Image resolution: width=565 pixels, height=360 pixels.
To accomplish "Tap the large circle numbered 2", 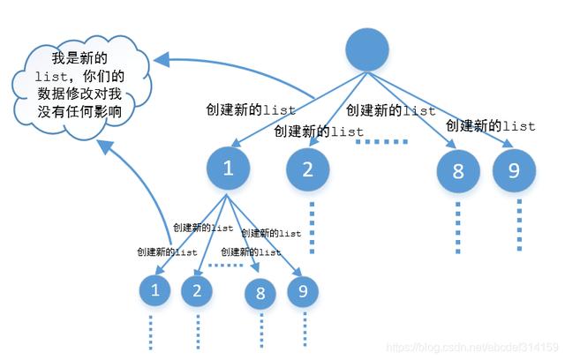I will point(308,169).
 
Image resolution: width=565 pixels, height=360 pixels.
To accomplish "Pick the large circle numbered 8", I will point(458,170).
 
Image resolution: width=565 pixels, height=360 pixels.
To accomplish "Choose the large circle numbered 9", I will point(514,170).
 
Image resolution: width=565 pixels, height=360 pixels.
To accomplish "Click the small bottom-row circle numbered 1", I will point(156,289).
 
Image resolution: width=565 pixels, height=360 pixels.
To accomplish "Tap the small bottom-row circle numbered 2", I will point(198,290).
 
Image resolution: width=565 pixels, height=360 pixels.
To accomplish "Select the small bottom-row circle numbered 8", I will point(260,294).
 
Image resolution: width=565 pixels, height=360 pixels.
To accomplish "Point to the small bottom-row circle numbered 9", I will point(302,289).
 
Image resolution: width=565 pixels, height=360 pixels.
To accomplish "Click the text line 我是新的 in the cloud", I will point(79,57).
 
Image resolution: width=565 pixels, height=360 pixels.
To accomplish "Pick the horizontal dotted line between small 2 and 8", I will point(230,265).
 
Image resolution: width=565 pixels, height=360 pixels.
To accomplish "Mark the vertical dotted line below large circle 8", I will point(458,227).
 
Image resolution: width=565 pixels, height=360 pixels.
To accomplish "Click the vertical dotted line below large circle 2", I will point(311,227).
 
